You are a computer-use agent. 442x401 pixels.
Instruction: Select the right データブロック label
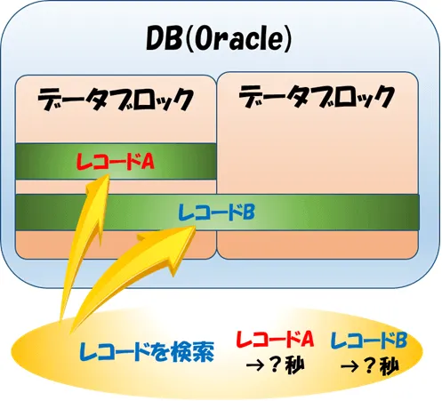[317, 95]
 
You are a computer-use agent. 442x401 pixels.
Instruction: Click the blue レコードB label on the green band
[217, 212]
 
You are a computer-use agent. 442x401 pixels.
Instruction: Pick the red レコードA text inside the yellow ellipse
[274, 339]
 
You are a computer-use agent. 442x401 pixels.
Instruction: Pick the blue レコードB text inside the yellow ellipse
[368, 339]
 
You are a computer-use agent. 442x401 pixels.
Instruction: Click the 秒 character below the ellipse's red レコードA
[294, 365]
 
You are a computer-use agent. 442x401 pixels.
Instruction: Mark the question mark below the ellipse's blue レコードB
[368, 365]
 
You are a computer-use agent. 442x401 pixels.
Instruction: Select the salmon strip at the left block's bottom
[116, 245]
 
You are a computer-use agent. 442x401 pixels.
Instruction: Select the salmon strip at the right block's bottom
[317, 242]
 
